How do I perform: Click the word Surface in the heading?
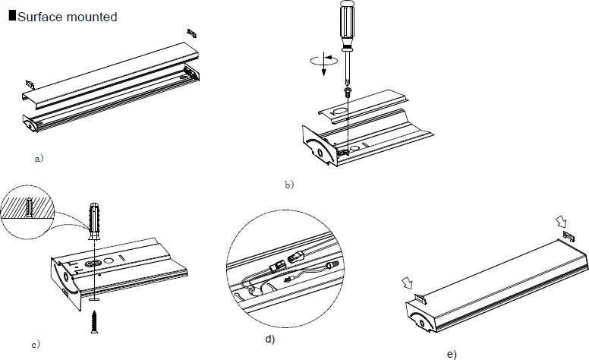[x=40, y=17]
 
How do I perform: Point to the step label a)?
[x=39, y=159]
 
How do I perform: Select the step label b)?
[x=288, y=183]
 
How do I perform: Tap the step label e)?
[x=452, y=354]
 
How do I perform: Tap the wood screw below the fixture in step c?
[x=93, y=318]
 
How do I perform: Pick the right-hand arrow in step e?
[x=560, y=221]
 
